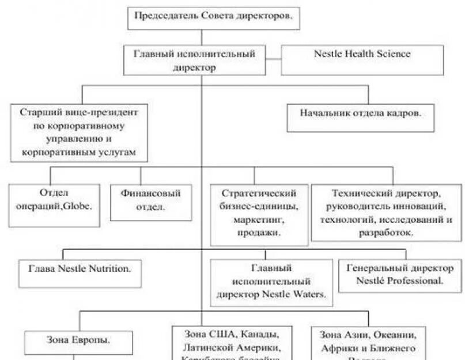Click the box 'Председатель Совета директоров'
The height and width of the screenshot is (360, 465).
point(213,17)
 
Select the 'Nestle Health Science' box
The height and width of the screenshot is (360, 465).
point(362,60)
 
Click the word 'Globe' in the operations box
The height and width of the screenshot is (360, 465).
point(82,206)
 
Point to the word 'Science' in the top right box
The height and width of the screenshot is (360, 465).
point(394,54)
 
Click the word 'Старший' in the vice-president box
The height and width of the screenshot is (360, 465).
point(39,112)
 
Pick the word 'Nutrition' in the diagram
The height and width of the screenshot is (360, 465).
point(109,268)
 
